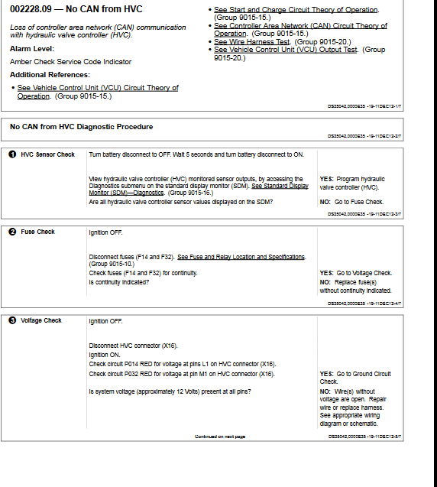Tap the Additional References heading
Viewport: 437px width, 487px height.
(50, 75)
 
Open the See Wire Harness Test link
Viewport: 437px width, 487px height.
(252, 41)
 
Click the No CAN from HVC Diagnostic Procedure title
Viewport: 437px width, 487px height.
(81, 126)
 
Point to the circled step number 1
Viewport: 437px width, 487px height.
(12, 154)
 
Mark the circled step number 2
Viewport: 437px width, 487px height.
(12, 232)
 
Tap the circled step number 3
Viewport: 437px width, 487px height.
(12, 320)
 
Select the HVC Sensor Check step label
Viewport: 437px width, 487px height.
(47, 154)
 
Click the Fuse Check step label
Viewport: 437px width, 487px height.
(37, 232)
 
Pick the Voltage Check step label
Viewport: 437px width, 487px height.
(41, 320)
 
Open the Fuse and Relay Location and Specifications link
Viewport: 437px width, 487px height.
(241, 257)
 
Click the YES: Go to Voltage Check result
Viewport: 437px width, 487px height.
(355, 273)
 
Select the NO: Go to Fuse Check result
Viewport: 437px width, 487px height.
(351, 202)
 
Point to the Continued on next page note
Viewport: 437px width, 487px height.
(220, 437)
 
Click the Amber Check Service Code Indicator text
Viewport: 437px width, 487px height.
(70, 61)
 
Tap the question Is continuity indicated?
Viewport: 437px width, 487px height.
(118, 282)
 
